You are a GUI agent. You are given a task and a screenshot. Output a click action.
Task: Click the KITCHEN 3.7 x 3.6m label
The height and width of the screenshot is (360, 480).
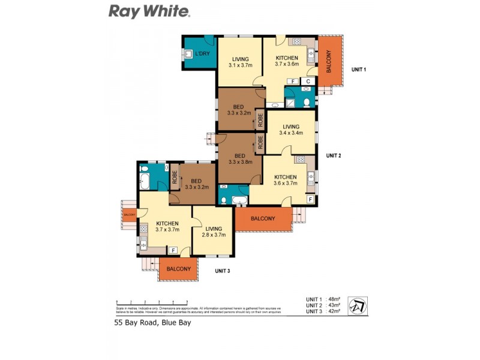pos(286,61)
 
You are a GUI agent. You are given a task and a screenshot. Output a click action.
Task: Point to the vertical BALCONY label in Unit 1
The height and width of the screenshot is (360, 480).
pos(329,61)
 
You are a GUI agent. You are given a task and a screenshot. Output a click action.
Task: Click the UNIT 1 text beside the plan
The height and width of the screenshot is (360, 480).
pos(358,70)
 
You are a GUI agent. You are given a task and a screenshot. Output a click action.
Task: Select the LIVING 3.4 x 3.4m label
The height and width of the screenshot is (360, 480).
pos(291,130)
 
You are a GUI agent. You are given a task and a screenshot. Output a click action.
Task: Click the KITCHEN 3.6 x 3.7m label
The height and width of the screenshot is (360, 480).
pos(285,180)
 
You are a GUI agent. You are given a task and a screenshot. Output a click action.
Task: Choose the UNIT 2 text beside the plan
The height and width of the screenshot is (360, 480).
pos(333,156)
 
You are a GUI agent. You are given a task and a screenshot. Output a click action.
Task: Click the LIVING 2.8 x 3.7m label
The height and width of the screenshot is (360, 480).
pos(214,232)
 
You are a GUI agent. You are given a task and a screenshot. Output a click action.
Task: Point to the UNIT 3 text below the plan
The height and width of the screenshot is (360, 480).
pos(223,271)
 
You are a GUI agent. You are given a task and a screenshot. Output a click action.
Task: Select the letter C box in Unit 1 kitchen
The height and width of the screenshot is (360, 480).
pos(308,81)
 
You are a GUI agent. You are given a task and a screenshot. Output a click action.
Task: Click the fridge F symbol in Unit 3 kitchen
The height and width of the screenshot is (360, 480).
pos(173,250)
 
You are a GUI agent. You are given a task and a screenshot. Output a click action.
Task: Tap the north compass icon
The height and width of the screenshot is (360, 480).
pos(358,305)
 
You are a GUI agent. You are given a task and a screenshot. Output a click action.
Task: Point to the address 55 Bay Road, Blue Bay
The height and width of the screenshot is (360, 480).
pos(153,322)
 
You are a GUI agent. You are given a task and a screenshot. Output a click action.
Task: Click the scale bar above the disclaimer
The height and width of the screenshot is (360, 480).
pos(152,302)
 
